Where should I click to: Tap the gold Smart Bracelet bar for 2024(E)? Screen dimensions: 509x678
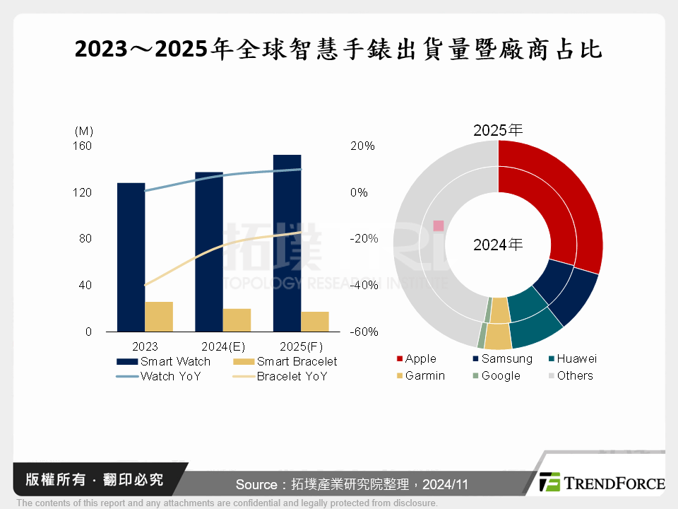(237, 320)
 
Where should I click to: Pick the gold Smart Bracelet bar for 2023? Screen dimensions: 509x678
(159, 316)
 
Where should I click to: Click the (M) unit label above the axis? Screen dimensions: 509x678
(83, 131)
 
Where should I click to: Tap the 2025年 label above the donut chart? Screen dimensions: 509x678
(498, 130)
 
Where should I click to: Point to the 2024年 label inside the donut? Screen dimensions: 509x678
(498, 245)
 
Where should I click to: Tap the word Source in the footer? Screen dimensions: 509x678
(256, 484)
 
